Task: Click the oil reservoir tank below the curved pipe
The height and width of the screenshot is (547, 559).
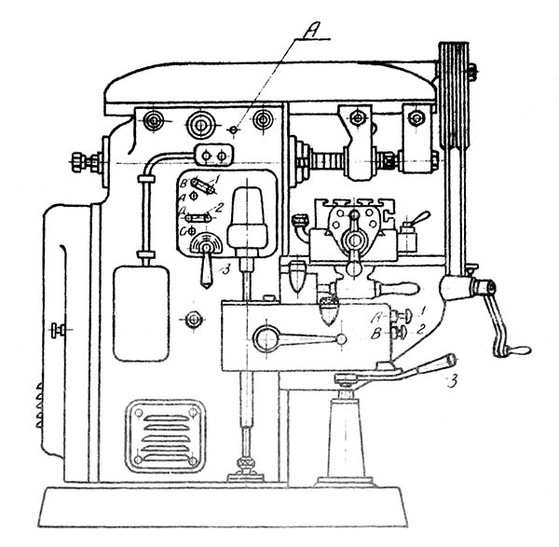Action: pos(141,312)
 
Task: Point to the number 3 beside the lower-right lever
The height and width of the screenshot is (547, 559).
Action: pos(451,379)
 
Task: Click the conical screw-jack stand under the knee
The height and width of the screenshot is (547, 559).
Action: pos(345,437)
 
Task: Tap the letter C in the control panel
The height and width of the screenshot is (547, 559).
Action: pos(184,227)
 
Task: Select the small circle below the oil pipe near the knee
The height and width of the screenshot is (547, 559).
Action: pos(193,320)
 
